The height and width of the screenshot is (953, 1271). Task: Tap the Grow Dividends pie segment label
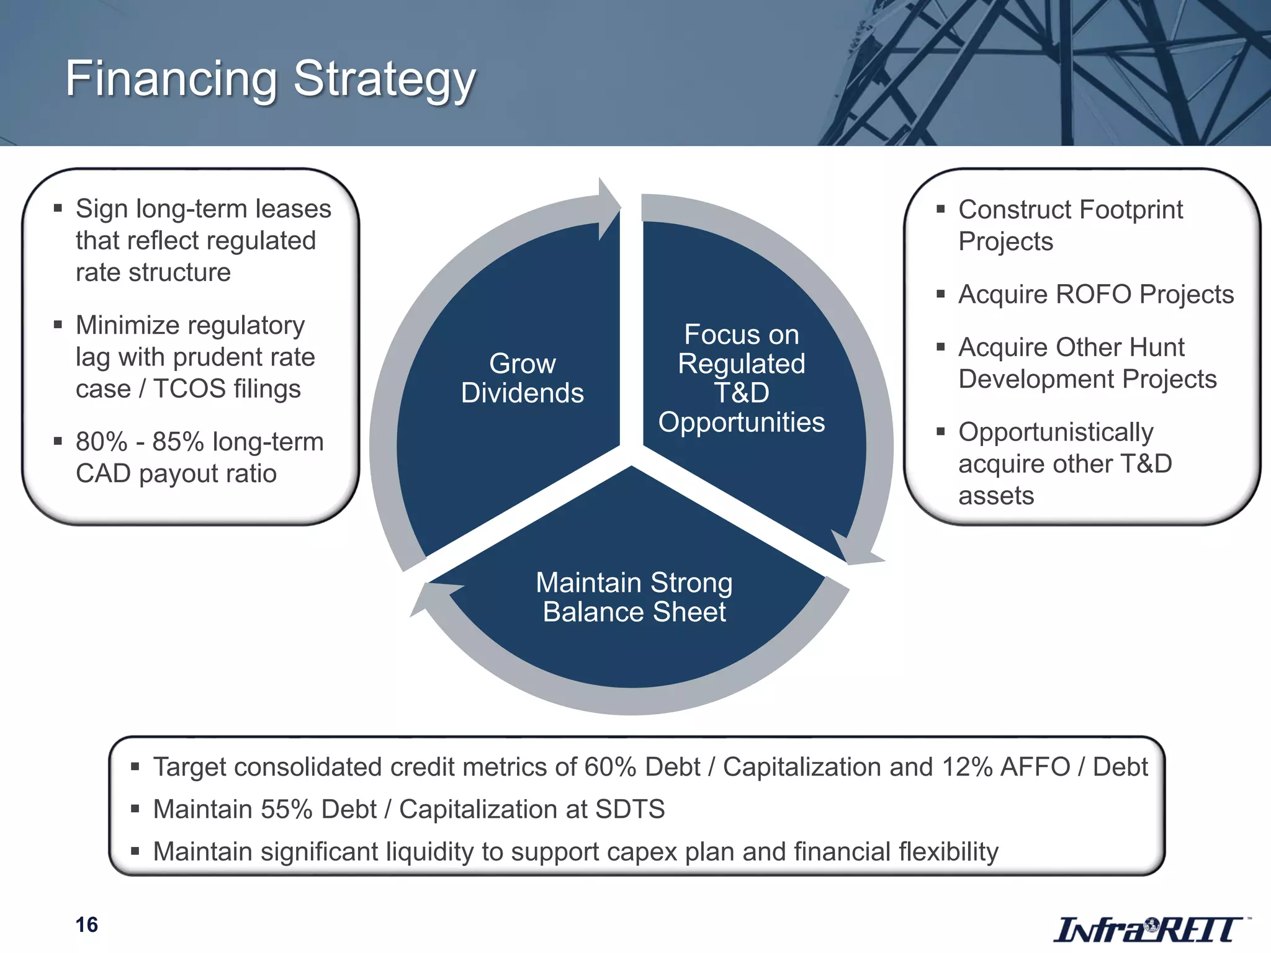click(x=523, y=378)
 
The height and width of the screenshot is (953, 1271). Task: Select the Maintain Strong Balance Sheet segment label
click(x=634, y=597)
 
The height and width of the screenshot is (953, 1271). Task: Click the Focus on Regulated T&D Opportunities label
click(x=741, y=378)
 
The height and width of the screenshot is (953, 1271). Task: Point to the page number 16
click(x=87, y=924)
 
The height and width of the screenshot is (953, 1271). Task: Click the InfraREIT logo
click(x=1148, y=929)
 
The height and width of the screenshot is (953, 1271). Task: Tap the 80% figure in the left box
click(x=101, y=442)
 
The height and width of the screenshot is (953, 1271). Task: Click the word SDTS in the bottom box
click(x=630, y=810)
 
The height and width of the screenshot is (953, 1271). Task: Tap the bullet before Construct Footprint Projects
click(x=941, y=210)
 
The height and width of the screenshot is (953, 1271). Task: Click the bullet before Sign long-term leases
click(x=58, y=208)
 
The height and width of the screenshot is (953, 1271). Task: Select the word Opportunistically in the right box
click(x=1056, y=432)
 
